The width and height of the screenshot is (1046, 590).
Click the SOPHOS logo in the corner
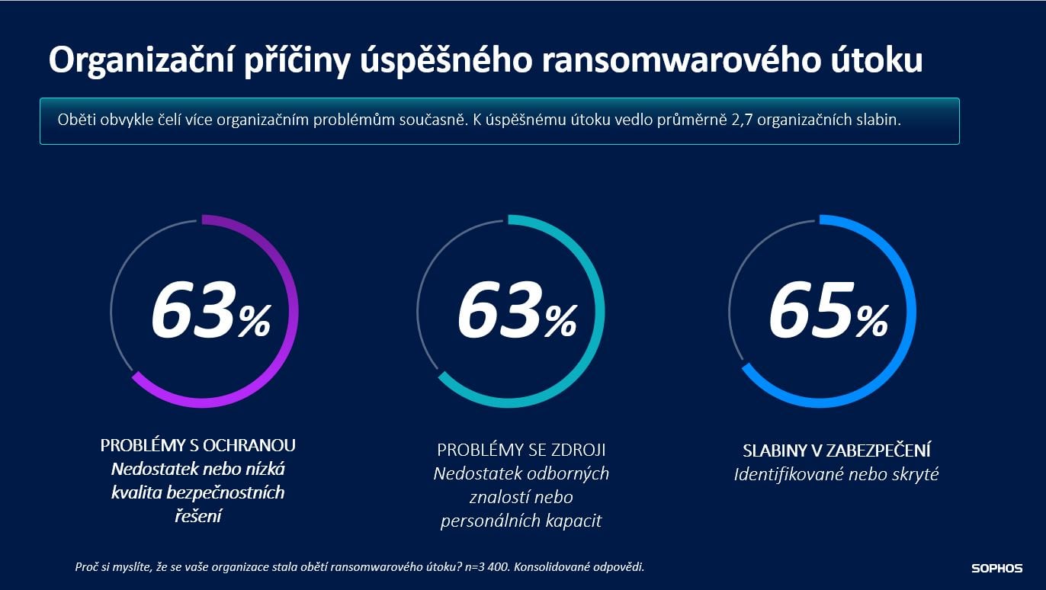tap(996, 568)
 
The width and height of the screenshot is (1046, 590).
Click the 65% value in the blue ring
tap(827, 313)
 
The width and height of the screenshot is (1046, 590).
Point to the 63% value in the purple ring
tap(210, 313)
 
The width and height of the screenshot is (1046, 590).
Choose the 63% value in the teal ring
tap(516, 313)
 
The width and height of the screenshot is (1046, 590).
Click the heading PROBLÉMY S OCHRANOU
tap(197, 445)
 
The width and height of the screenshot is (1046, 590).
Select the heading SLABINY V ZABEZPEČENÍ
tap(836, 450)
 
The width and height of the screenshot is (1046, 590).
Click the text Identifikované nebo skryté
tap(836, 474)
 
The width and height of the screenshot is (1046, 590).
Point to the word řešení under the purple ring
tap(197, 516)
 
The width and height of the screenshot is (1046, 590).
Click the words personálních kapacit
tap(521, 521)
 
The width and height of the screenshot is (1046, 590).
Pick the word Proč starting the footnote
tap(86, 567)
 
